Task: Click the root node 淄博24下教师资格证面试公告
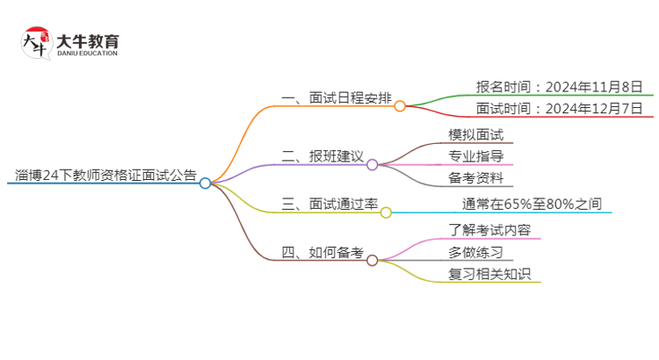(106, 174)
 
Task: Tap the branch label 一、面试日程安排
(336, 97)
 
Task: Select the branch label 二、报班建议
(322, 156)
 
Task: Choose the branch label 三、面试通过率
(329, 204)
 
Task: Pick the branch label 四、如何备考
(322, 252)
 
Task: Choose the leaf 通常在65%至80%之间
(532, 204)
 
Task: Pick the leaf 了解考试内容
(488, 229)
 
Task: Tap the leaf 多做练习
(475, 252)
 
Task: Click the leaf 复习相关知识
(488, 274)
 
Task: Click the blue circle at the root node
(205, 184)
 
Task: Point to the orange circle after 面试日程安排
(400, 106)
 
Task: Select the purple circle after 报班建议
(372, 164)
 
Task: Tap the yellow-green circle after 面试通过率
(386, 212)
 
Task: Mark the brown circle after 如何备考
(372, 260)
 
